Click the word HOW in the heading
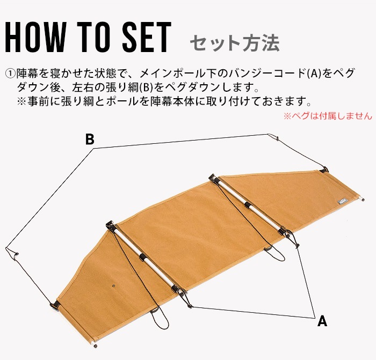click(x=35, y=37)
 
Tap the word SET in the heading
click(x=147, y=37)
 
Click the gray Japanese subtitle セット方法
click(x=235, y=43)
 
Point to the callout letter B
click(x=90, y=139)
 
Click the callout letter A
click(x=322, y=321)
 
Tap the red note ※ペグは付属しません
click(x=328, y=116)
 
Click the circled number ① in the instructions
click(x=10, y=74)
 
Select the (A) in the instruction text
click(x=314, y=74)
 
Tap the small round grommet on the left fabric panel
click(x=114, y=286)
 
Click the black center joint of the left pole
click(x=143, y=257)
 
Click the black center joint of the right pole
click(x=248, y=205)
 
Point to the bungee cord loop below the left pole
click(x=160, y=320)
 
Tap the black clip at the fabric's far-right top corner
click(x=324, y=170)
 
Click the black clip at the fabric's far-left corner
click(x=55, y=305)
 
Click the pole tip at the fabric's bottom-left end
click(x=95, y=345)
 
